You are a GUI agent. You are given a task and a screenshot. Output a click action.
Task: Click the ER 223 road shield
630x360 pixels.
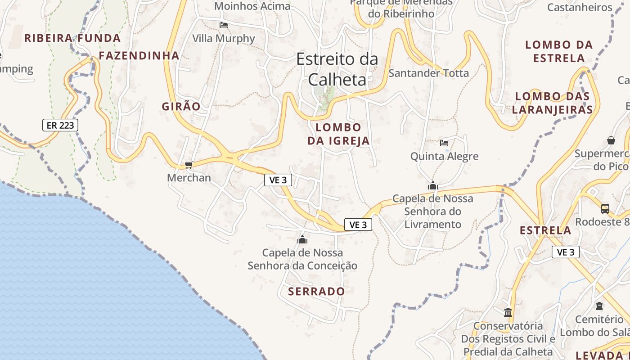point(60,125)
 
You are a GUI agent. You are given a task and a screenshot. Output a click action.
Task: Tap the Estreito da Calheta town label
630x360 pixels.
point(337,69)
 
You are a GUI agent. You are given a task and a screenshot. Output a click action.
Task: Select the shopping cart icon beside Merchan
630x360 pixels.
point(189,165)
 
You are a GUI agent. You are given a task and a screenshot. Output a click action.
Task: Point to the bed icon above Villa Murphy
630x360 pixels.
point(224,25)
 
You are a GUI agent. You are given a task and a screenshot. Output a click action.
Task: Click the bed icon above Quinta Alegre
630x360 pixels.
point(444,143)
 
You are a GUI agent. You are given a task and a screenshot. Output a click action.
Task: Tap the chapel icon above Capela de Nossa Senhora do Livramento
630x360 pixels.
point(433,185)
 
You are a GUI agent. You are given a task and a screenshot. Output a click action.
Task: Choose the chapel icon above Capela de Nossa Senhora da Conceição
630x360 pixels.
point(302,239)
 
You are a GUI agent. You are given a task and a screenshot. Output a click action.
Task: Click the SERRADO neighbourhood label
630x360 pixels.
point(316,291)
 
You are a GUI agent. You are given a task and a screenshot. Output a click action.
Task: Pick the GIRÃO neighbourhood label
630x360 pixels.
point(181,107)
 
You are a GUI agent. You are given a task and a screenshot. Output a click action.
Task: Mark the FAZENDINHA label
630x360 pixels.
point(139,56)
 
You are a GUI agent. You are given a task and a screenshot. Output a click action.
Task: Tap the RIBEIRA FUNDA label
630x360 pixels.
point(72,38)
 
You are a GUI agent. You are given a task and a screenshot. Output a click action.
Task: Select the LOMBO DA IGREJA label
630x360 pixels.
point(338,134)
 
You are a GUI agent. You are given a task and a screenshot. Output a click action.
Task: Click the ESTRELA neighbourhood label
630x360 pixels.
point(545,230)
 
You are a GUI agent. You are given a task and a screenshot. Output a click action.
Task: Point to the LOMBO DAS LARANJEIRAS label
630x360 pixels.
point(552,103)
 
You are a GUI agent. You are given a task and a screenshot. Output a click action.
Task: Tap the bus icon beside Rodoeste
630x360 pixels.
point(605,209)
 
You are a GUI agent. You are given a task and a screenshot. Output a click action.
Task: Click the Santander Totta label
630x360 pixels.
point(428,73)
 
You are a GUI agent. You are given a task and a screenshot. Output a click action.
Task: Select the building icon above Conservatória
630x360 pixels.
point(508,312)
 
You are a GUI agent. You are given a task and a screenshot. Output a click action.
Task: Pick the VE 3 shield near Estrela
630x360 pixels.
point(565,252)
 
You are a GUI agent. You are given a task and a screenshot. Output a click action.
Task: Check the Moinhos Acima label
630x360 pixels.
point(252,6)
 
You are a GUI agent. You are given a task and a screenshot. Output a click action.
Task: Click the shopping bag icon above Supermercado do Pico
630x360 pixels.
point(611,140)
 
